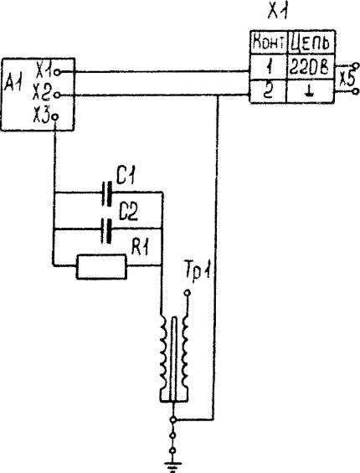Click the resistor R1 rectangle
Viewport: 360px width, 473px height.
click(x=101, y=267)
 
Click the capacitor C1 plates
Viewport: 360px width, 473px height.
click(x=107, y=193)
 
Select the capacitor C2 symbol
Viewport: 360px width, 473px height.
click(x=107, y=231)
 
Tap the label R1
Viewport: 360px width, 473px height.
click(x=140, y=248)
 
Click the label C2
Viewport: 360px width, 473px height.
click(x=128, y=213)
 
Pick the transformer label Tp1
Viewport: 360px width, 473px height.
click(x=197, y=274)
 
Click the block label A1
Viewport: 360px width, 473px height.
click(x=13, y=85)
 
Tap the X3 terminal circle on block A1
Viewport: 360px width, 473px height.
click(x=55, y=116)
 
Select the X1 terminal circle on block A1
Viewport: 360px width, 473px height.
click(x=57, y=72)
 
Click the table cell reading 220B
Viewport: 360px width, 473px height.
click(x=310, y=67)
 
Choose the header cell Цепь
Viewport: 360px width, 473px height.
click(x=310, y=43)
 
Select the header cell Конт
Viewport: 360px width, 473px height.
click(x=268, y=43)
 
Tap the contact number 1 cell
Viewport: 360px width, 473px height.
click(x=268, y=67)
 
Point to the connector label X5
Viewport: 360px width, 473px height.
click(x=347, y=79)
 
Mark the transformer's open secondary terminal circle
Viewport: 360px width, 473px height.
click(x=187, y=292)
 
